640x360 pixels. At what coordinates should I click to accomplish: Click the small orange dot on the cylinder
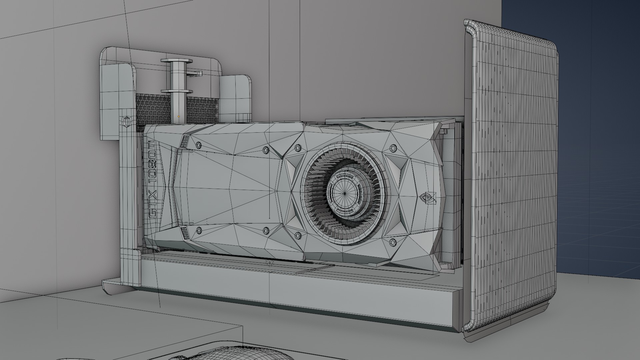179,116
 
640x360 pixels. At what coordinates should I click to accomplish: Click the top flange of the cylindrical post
177,61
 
